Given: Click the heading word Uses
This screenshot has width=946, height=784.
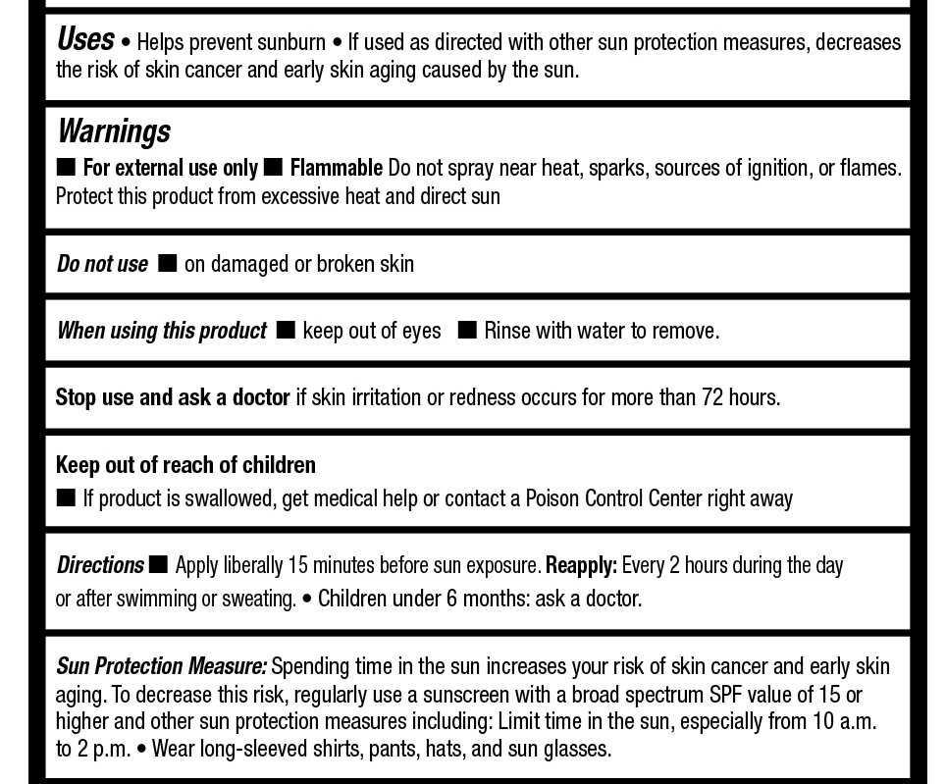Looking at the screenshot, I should [85, 39].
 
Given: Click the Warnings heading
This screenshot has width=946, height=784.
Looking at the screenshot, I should [114, 131].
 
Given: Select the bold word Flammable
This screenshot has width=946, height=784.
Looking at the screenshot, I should [336, 169].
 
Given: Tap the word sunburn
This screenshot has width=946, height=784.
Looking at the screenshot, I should [291, 43].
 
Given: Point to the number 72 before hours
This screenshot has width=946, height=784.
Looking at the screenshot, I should [712, 397].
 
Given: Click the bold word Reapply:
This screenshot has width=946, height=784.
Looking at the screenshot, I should [581, 566].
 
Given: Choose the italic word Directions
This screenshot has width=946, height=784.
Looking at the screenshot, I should [100, 566].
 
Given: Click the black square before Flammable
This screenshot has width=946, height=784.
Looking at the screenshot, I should [274, 168].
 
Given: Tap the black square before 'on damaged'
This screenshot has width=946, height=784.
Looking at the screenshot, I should [168, 263].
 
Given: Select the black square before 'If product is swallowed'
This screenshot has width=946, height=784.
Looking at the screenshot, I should [66, 497].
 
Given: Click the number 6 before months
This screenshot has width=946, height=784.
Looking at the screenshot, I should [452, 599].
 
